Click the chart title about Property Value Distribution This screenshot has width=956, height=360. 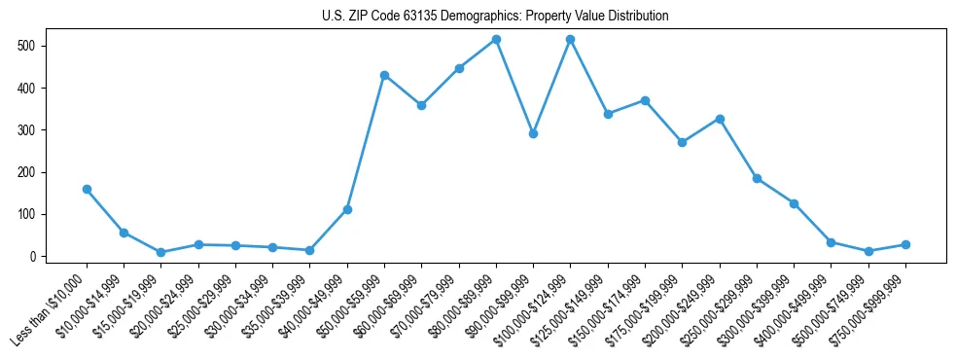coord(495,17)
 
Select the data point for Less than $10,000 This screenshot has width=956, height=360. coord(87,189)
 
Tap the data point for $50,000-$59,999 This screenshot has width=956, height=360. coord(384,75)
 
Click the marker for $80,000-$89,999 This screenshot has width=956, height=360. coord(496,39)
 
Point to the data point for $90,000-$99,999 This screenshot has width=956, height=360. coord(533,133)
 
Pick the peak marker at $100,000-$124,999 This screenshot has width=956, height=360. coord(570,39)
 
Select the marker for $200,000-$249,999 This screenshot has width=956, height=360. coord(719,119)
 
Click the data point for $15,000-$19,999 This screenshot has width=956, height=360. coord(160,252)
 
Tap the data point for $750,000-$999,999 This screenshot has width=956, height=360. coord(905,244)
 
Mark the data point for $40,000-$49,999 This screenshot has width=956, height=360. coord(347,209)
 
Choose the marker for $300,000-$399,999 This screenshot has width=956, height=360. coord(794,203)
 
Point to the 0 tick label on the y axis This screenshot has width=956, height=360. coord(33,257)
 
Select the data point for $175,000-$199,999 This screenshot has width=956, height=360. coord(682,142)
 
